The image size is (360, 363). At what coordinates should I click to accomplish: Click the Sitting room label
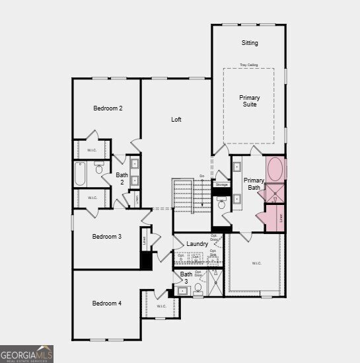tap(249, 43)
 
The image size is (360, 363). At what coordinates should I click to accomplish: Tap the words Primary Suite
tap(249, 101)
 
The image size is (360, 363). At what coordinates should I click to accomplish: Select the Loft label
tap(176, 120)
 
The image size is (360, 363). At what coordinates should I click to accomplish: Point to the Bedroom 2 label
tap(108, 108)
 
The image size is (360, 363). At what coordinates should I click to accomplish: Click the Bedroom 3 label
tap(106, 236)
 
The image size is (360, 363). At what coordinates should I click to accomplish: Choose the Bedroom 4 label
tap(106, 303)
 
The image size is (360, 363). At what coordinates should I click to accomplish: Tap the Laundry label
tap(198, 244)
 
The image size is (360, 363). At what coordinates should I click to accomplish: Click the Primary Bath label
tap(254, 184)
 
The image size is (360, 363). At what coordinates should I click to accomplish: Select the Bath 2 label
tap(122, 179)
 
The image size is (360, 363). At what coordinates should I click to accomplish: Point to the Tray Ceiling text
tap(249, 65)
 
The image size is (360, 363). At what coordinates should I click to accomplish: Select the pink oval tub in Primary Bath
tap(274, 170)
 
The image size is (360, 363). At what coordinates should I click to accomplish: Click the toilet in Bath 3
tap(197, 288)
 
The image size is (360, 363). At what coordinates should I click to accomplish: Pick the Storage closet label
tap(221, 184)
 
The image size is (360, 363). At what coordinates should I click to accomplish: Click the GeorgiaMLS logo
tap(27, 354)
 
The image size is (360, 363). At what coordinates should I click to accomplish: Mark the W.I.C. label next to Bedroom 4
tap(162, 306)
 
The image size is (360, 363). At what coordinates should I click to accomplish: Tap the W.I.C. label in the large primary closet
tap(256, 263)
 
